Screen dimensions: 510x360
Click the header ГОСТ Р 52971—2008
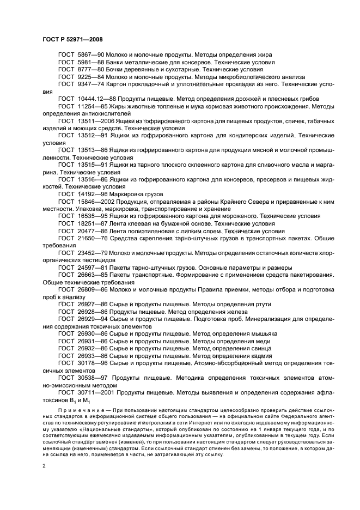(x=72, y=39)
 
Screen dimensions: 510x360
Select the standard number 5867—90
(x=86, y=56)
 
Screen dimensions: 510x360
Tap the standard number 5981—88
(x=86, y=63)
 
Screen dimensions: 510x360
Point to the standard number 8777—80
(x=86, y=70)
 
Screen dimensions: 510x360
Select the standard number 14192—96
(x=89, y=193)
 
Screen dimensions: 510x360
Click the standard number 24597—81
(x=89, y=267)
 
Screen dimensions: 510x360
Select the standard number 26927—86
(x=89, y=303)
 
